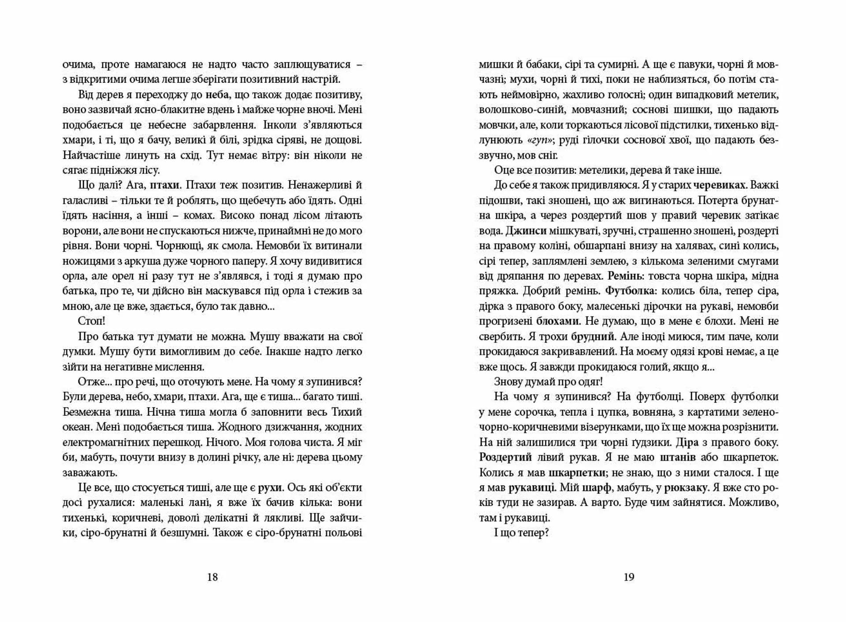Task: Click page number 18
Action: pos(212,577)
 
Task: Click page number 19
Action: pos(629,577)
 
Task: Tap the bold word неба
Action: pos(218,95)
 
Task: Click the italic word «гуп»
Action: pos(540,140)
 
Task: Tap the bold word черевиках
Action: pos(719,185)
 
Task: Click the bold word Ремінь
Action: pos(627,276)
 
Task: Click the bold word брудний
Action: pos(592,336)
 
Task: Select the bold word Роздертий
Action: pos(505,457)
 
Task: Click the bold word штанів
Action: pos(678,457)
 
